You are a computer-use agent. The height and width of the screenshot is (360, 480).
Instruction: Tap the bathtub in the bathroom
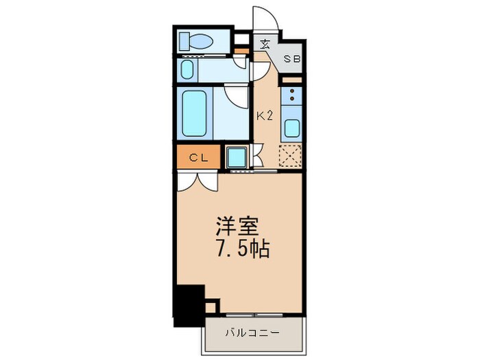click(195, 112)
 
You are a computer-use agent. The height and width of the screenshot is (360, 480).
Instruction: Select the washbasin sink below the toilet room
click(187, 69)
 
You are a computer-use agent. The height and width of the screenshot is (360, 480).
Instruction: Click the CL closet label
click(198, 158)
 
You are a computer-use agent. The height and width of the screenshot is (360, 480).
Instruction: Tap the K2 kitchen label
click(265, 115)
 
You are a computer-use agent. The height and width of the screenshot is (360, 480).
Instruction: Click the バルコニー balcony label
click(253, 333)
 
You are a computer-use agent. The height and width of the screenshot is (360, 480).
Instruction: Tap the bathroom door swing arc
click(237, 95)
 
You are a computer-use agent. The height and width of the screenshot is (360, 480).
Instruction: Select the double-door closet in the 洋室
click(197, 180)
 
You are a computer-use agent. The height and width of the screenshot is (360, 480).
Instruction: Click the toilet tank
click(184, 41)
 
